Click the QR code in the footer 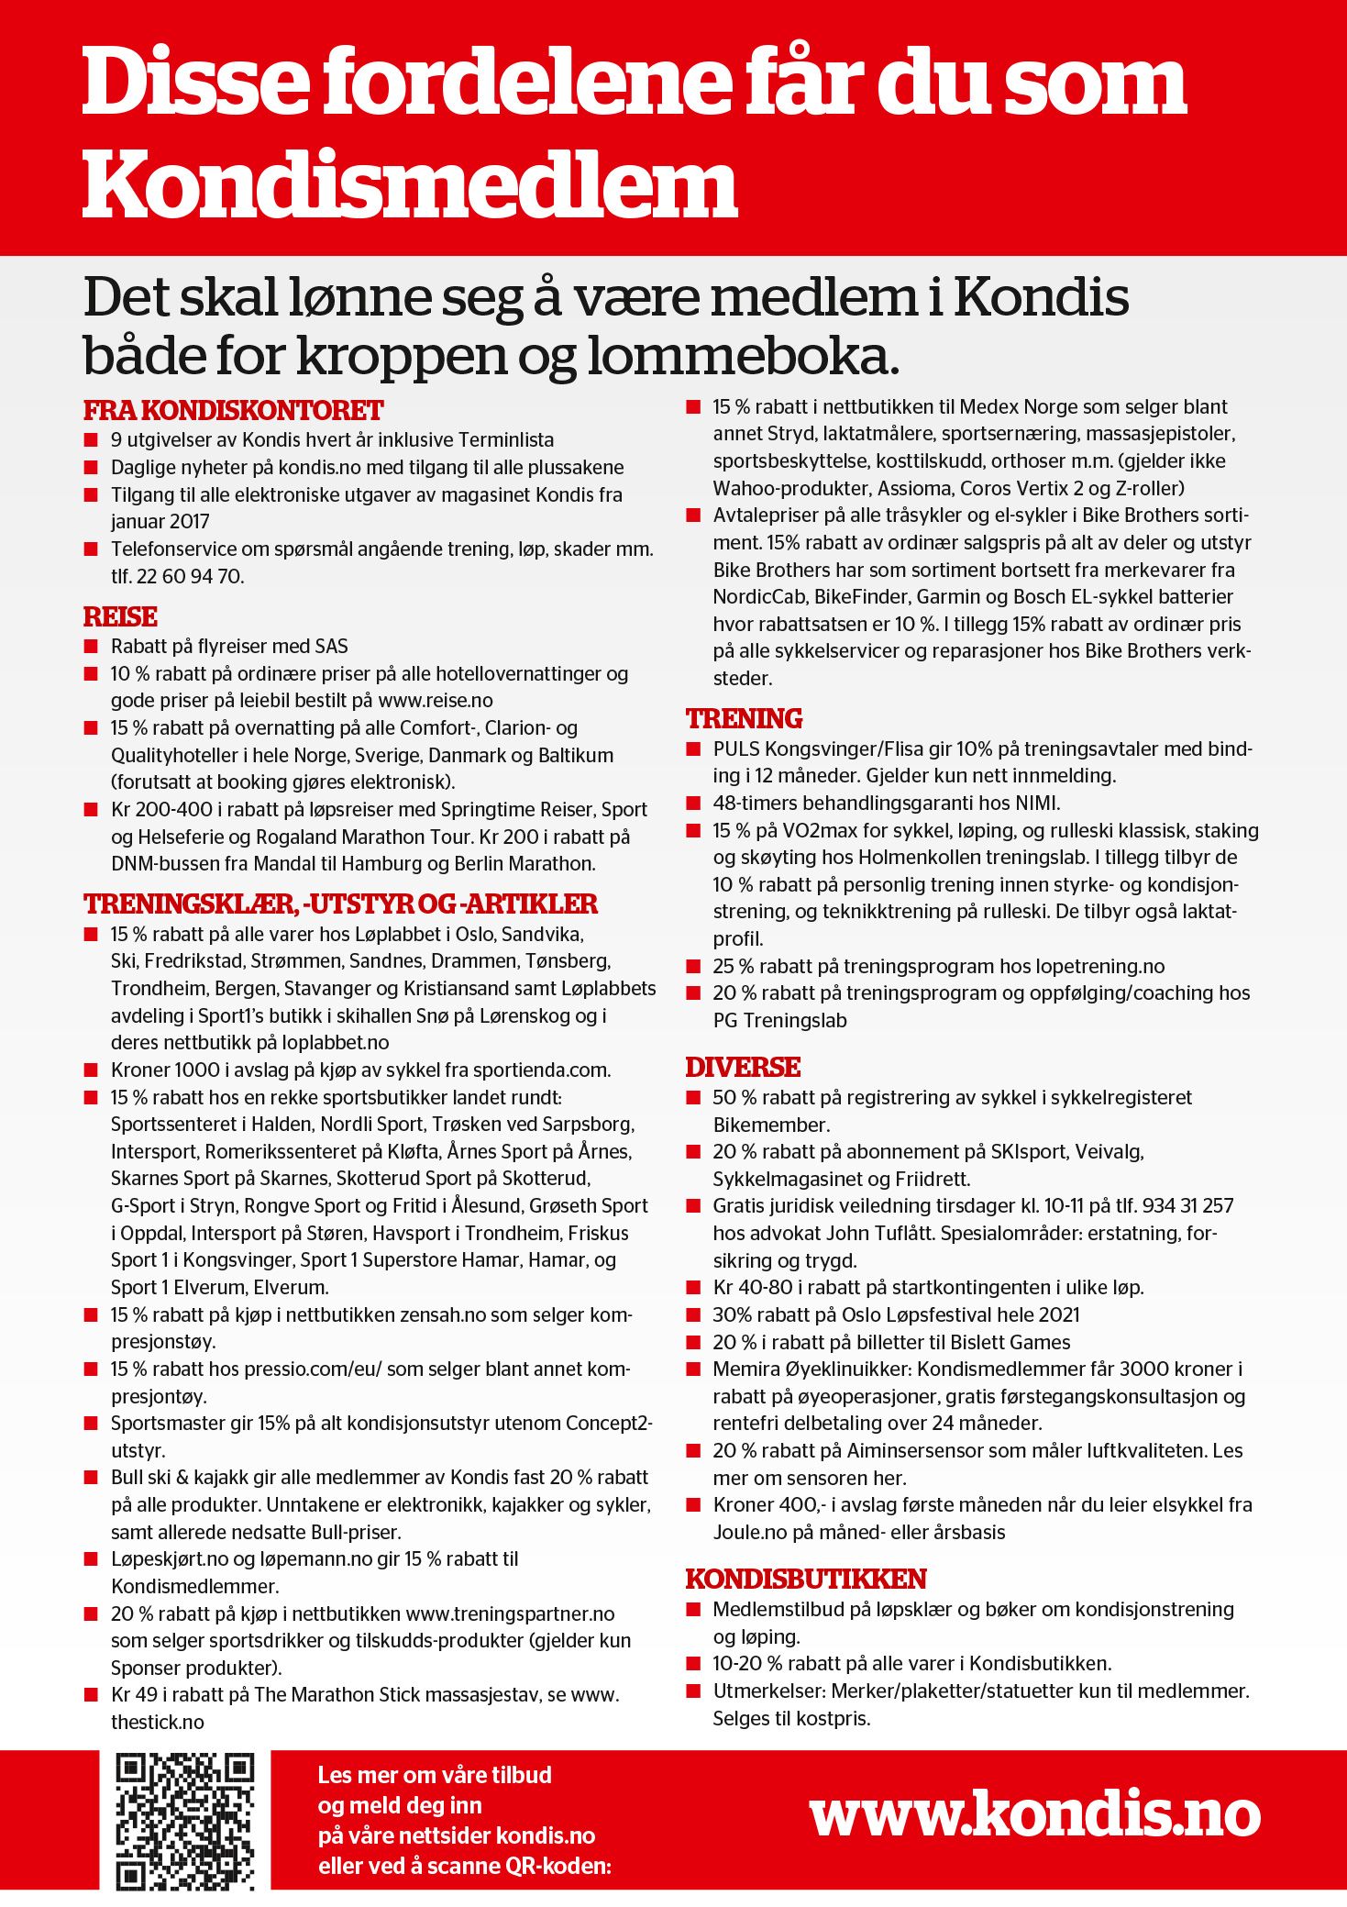(184, 1821)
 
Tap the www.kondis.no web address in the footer (1034, 1813)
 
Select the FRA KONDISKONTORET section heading (233, 410)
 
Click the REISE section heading (120, 616)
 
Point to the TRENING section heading (744, 718)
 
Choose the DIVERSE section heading (743, 1067)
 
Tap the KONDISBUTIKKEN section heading (805, 1579)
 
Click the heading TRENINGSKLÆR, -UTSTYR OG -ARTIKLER (340, 904)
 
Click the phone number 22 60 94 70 (190, 577)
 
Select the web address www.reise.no (436, 701)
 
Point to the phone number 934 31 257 (1176, 1206)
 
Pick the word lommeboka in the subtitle (742, 357)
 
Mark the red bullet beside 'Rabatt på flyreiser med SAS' (91, 647)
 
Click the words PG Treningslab (779, 1021)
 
